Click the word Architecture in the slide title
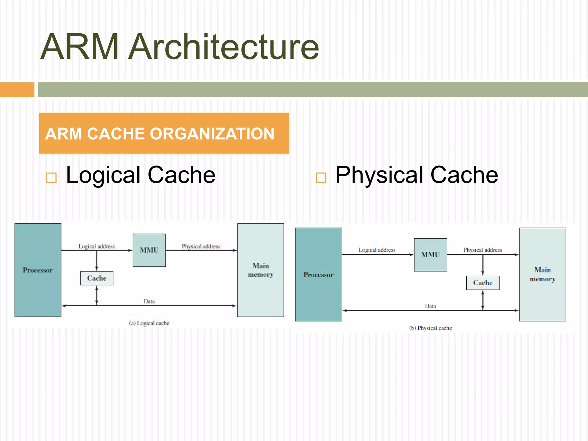tap(223, 47)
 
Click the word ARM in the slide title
tap(80, 47)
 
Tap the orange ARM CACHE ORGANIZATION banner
tap(164, 133)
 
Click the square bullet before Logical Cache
tap(51, 178)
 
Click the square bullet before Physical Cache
tap(321, 178)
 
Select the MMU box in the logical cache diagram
tap(149, 250)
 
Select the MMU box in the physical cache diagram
tap(430, 255)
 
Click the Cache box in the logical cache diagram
tap(97, 278)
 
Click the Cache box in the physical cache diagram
tap(483, 283)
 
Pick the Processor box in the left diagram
tap(38, 270)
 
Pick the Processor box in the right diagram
tap(318, 275)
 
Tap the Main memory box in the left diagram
tap(260, 270)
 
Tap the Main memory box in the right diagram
tap(542, 275)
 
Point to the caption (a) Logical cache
tap(149, 323)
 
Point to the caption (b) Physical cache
tap(430, 328)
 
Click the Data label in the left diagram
tap(149, 301)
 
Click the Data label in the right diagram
tap(430, 306)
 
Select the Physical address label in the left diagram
tap(201, 246)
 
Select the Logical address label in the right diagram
tap(377, 250)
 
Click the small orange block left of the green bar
tap(17, 90)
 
